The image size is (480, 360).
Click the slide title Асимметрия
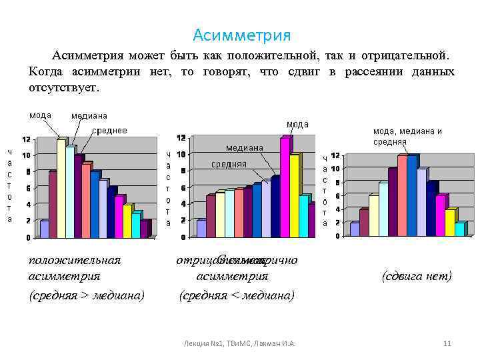point(241,35)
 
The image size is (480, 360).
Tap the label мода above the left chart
point(40,115)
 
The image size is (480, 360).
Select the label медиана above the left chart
point(89,116)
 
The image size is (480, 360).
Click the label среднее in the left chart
point(109,130)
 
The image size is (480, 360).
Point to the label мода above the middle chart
point(297,124)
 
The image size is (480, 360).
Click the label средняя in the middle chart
point(229,164)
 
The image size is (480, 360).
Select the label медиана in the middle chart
point(244,147)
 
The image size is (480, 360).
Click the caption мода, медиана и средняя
point(407,136)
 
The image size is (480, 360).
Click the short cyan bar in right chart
point(459,229)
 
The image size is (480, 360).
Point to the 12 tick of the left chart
point(25,139)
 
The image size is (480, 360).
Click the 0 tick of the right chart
point(338,236)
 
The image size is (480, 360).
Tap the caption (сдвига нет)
point(417,275)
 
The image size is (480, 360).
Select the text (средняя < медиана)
point(237,295)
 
